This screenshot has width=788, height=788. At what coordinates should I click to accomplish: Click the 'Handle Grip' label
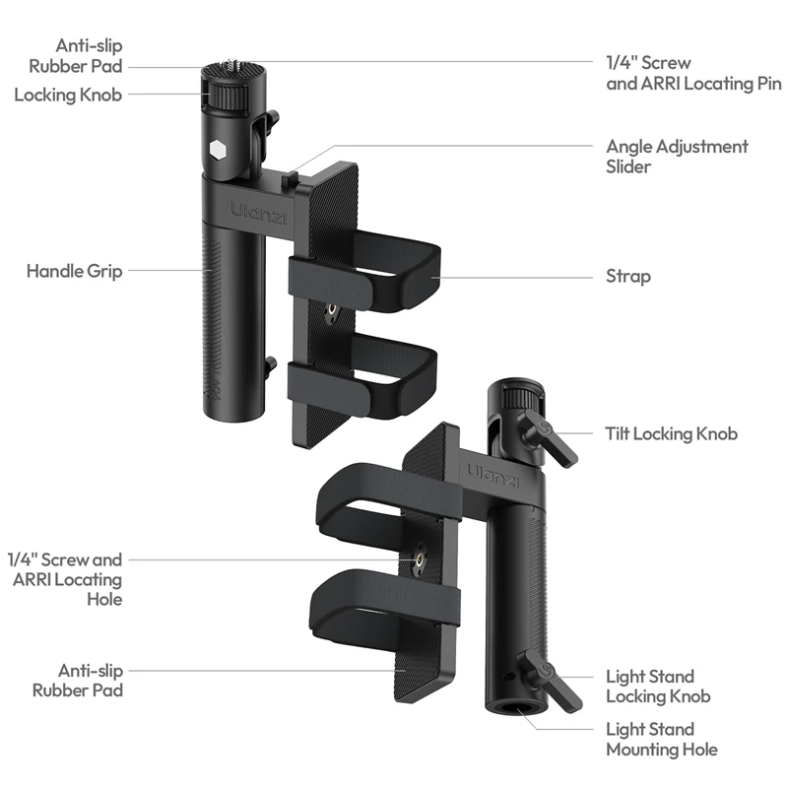pos(74,271)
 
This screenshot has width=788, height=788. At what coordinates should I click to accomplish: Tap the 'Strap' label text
pos(627,276)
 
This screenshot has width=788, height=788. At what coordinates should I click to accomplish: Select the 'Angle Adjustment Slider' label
pos(677,157)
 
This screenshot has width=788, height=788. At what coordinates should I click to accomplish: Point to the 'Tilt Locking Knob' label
pos(671,433)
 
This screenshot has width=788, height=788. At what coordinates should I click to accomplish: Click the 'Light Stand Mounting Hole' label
pos(661,739)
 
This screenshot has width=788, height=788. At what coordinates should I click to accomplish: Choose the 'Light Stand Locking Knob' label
pos(658,687)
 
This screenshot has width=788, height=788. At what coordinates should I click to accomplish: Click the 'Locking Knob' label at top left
pos(68,95)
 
